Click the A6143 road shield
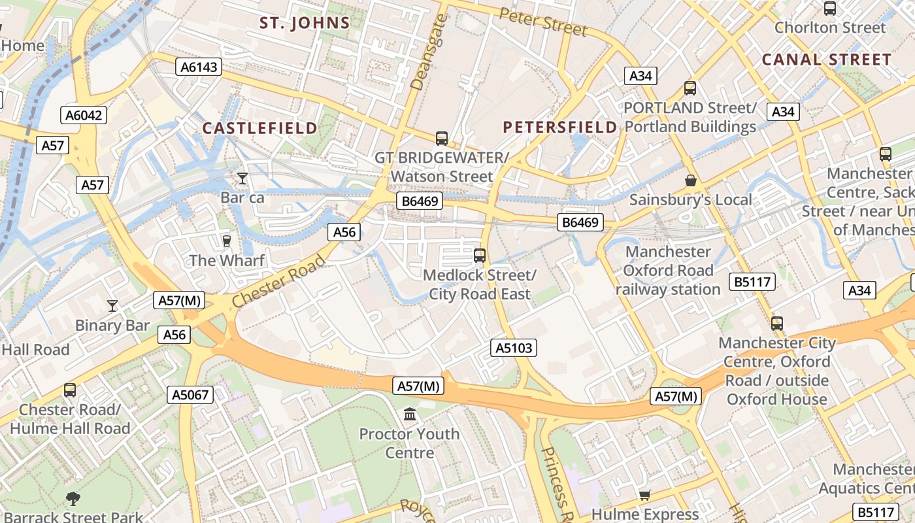[199, 67]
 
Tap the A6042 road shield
[84, 116]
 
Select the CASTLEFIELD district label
[259, 128]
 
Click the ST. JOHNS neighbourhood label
[305, 24]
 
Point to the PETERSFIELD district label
[560, 127]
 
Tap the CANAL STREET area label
[827, 59]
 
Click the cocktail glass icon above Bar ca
[242, 178]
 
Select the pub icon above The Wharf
[227, 241]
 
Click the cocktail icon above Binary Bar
[112, 305]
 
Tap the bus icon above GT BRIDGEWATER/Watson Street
[442, 139]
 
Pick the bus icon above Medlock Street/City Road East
[480, 256]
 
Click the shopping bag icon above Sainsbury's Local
[690, 180]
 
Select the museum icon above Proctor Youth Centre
[410, 414]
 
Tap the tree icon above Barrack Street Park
[73, 499]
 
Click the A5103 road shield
[514, 348]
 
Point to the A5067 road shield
[190, 395]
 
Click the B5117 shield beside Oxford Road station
[754, 282]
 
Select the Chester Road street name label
[279, 282]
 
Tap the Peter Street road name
[542, 22]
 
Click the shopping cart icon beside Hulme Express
[645, 496]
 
